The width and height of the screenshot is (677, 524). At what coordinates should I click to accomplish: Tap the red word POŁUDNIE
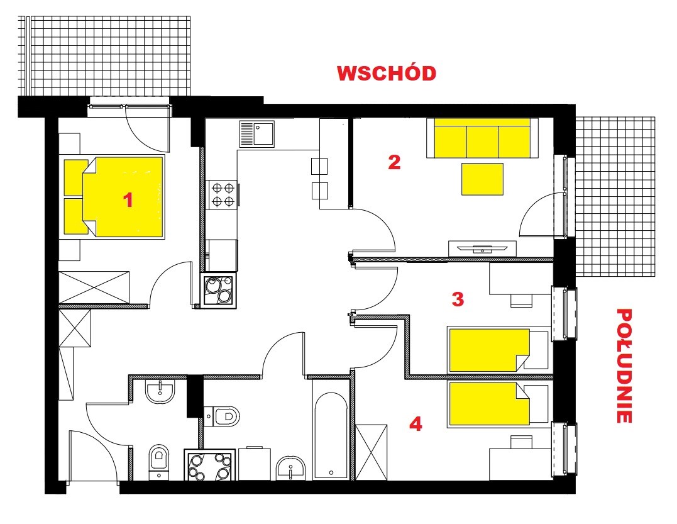[624, 365]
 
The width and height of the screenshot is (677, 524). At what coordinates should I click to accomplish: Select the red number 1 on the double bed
[128, 200]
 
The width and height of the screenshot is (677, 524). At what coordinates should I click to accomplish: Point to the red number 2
[394, 162]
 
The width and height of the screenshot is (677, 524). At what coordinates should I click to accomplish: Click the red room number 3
[458, 299]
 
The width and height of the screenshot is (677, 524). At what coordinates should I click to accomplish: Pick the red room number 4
[416, 424]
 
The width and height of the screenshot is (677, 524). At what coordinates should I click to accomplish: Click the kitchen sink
[257, 134]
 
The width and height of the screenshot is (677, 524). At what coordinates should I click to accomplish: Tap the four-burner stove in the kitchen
[223, 194]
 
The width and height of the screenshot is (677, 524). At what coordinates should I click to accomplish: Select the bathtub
[331, 435]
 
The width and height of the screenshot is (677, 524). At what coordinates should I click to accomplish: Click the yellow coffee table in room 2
[482, 179]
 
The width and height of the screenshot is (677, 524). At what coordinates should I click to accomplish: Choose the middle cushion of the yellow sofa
[483, 142]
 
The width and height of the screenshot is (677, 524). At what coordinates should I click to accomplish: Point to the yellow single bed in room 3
[490, 350]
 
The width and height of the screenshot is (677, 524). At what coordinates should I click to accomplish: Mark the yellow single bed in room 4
[490, 403]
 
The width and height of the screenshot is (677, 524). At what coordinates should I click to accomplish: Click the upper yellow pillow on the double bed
[76, 177]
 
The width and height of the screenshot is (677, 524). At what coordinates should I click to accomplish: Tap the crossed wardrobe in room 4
[372, 452]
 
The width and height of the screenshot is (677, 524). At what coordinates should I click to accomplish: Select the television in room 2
[482, 248]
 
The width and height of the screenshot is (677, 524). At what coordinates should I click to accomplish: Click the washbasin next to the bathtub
[290, 467]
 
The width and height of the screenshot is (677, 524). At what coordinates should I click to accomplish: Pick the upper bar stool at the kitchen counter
[319, 166]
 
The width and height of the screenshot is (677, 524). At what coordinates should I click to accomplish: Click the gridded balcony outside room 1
[104, 56]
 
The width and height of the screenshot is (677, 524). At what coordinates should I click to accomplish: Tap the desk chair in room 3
[521, 301]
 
